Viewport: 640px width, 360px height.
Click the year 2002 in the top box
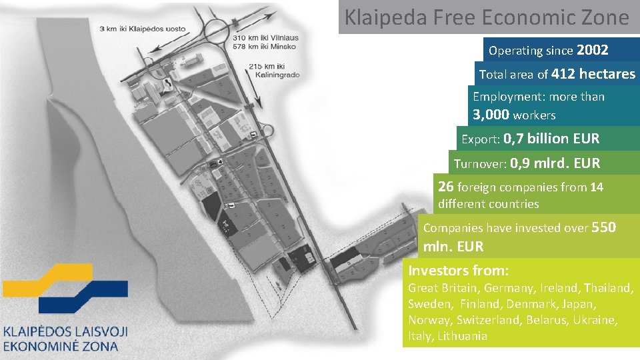[592, 50]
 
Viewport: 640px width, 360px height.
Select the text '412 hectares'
[593, 74]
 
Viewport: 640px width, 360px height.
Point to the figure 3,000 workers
[514, 115]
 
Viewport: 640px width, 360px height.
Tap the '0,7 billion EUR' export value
[551, 139]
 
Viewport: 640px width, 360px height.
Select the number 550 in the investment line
[603, 227]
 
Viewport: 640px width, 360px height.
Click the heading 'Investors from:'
[459, 270]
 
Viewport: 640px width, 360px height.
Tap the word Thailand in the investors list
[607, 288]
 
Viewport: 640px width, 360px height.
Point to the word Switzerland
[488, 320]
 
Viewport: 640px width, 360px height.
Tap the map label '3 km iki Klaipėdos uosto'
[142, 29]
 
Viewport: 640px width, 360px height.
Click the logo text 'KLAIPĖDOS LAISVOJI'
[65, 331]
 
